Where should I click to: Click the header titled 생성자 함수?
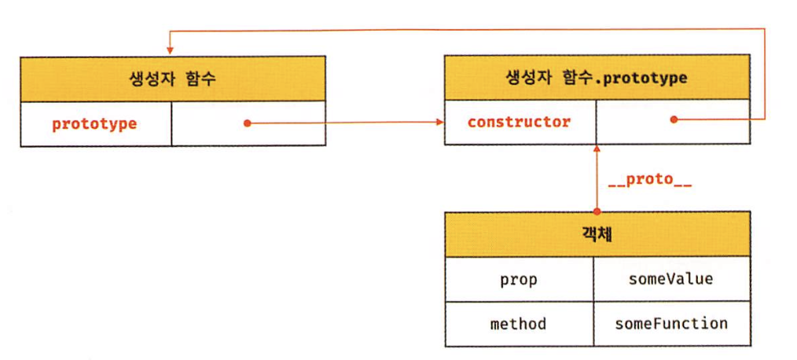[x=172, y=79]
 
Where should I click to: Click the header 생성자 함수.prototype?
[x=597, y=79]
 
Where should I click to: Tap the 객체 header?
[x=597, y=234]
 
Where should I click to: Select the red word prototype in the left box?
[x=94, y=123]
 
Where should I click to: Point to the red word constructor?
[x=519, y=123]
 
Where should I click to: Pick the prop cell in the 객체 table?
[x=519, y=279]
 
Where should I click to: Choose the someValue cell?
[x=670, y=279]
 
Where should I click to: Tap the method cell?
[x=519, y=324]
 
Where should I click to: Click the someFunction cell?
[x=670, y=324]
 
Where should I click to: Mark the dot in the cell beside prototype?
[x=246, y=123]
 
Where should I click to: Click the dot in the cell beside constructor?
[x=673, y=120]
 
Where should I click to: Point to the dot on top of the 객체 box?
[x=597, y=211]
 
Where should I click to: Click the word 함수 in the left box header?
[x=200, y=79]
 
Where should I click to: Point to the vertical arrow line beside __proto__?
[x=597, y=181]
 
